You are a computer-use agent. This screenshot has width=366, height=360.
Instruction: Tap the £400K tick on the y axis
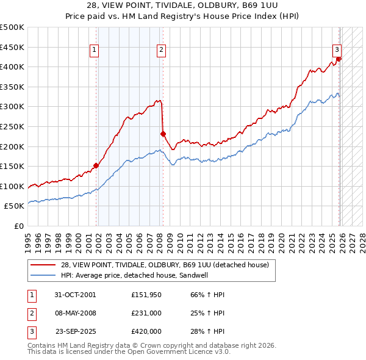coord(12,67)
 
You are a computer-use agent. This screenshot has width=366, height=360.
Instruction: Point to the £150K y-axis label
coord(12,166)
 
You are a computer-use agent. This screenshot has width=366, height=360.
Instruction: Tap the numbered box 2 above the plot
coord(161,51)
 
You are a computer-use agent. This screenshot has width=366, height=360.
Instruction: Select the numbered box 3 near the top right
coord(336,51)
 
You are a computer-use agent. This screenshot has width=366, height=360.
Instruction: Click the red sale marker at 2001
coord(96,165)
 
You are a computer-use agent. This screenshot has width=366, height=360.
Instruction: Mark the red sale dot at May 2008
coord(163,134)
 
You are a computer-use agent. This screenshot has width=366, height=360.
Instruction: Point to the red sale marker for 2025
coord(339,59)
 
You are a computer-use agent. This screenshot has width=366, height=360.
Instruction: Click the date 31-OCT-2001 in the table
coord(74,294)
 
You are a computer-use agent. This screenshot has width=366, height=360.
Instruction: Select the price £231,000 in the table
coord(146,313)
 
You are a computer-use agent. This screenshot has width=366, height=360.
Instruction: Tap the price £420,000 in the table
coord(146,332)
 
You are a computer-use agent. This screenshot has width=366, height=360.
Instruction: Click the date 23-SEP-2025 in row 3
coord(76,332)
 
